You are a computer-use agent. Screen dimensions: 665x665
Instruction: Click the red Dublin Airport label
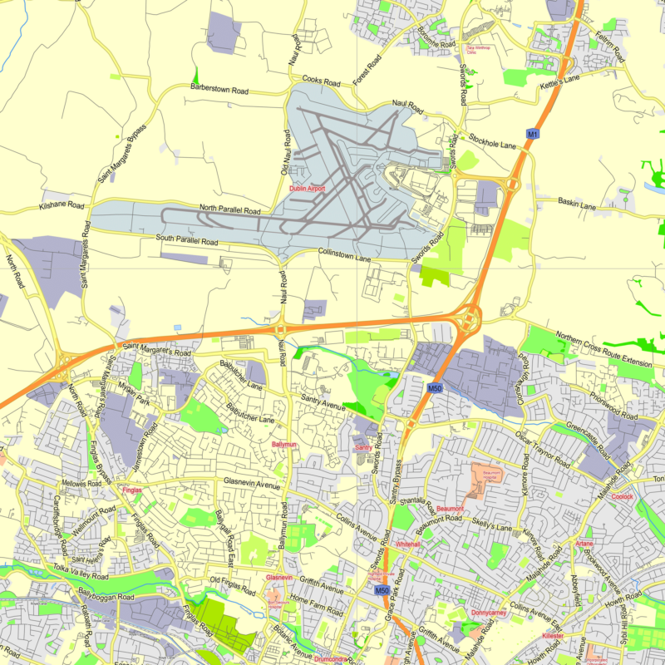307,189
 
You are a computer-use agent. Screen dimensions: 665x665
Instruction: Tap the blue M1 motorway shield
532,133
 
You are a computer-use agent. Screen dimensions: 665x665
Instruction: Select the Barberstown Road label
219,87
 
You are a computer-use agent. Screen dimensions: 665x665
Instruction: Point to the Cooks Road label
322,81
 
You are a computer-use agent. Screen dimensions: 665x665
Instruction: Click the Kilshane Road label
62,204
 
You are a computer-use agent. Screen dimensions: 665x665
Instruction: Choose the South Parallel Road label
186,240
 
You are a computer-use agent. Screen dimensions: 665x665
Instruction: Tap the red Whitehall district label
408,544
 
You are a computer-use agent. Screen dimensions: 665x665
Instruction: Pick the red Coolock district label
622,496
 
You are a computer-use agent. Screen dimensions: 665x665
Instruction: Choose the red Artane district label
584,544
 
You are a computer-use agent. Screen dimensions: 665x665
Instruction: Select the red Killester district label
553,636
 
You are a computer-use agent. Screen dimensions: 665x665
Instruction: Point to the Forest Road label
366,71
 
